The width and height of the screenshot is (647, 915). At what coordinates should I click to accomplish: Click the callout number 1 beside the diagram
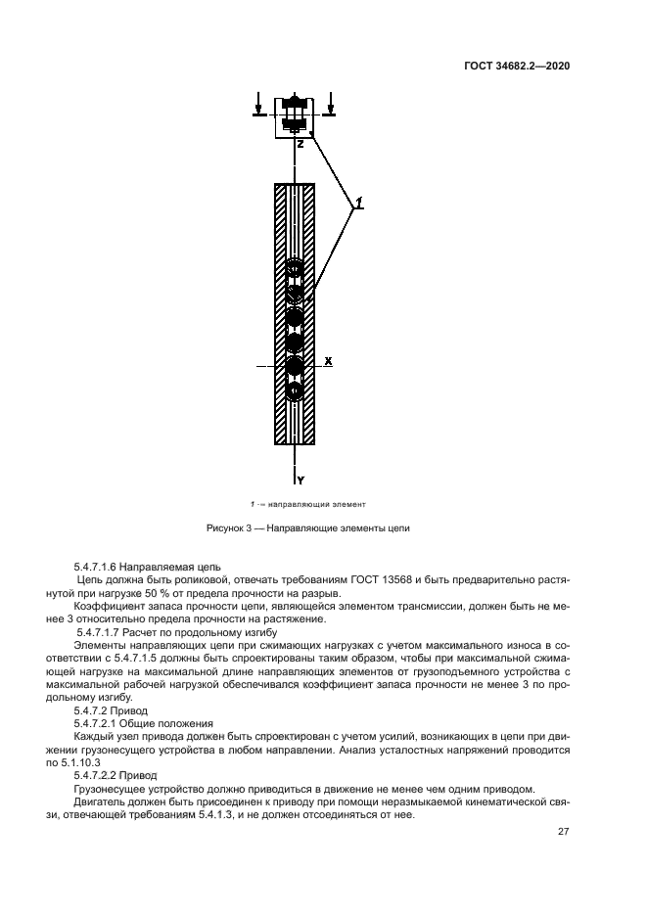click(x=359, y=203)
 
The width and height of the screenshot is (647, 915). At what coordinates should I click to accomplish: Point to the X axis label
click(x=329, y=361)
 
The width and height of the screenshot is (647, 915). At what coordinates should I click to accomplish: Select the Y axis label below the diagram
click(x=301, y=480)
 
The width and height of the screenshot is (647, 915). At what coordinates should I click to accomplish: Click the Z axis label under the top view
click(x=300, y=143)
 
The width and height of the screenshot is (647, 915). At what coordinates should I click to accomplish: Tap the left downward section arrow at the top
click(x=258, y=104)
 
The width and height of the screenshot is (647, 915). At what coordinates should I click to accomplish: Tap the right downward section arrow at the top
click(x=332, y=104)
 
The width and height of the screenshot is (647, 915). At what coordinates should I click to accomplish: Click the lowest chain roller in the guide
click(x=295, y=390)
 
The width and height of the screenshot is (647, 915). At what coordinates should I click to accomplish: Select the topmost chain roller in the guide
click(x=295, y=267)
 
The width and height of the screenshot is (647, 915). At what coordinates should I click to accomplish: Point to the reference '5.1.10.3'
click(x=110, y=759)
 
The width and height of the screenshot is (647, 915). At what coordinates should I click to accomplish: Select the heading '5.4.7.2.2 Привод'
click(x=116, y=772)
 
